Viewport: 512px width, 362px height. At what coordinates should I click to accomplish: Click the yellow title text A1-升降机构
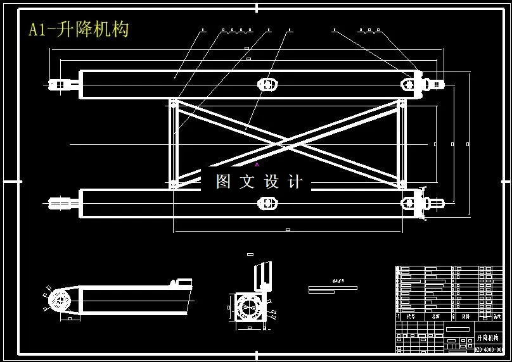79,29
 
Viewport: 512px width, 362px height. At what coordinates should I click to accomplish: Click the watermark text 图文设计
259,182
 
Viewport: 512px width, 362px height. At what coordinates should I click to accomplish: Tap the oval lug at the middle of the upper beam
267,84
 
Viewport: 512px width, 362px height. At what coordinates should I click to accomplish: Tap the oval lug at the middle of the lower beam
267,203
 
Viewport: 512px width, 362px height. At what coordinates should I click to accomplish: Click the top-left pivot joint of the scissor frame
173,102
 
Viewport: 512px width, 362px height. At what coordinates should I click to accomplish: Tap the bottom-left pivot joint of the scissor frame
173,185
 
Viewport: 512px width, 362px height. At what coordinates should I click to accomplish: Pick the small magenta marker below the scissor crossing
257,164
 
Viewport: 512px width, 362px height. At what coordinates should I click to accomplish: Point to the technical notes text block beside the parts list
332,286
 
